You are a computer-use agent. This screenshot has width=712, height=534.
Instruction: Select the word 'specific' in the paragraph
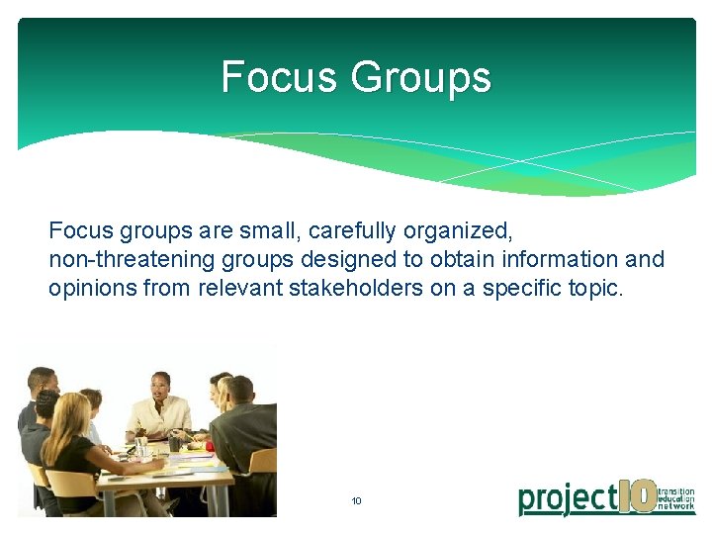521,288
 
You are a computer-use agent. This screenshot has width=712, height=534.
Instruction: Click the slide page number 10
356,501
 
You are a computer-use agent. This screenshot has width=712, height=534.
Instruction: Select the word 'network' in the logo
676,507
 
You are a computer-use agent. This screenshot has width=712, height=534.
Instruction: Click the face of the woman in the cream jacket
159,386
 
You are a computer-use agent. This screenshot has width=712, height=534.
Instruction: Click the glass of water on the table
141,447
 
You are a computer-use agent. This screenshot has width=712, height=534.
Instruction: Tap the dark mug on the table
174,442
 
